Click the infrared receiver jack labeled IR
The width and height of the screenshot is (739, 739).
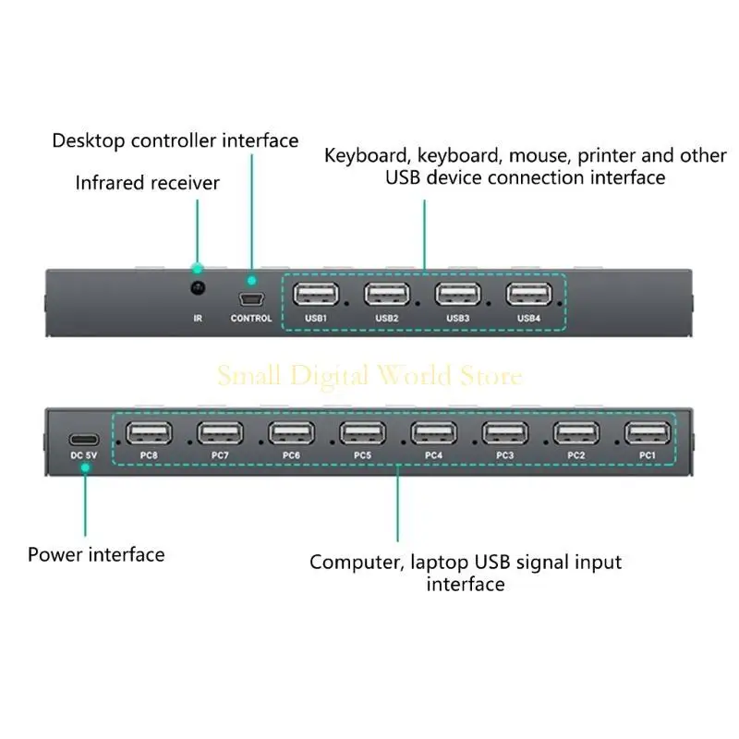(197, 289)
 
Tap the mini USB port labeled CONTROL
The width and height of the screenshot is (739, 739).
(251, 300)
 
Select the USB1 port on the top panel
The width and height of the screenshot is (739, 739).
(316, 295)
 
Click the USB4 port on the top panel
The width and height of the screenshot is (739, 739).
(528, 295)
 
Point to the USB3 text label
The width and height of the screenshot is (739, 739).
(457, 319)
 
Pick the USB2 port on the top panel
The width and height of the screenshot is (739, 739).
(387, 295)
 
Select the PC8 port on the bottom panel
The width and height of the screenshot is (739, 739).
(149, 433)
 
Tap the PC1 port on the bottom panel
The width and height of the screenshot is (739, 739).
(648, 433)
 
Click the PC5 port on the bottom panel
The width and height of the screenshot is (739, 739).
(362, 433)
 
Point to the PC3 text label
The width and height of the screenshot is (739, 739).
(504, 455)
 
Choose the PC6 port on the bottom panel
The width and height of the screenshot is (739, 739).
(291, 433)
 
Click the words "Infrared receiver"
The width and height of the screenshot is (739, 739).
(148, 183)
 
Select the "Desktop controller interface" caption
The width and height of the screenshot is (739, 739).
(176, 140)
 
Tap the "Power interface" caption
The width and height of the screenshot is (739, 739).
(96, 554)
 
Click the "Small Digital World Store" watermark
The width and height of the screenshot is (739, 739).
(369, 376)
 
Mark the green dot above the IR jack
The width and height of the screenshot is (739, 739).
(197, 269)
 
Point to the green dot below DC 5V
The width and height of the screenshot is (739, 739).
(84, 468)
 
